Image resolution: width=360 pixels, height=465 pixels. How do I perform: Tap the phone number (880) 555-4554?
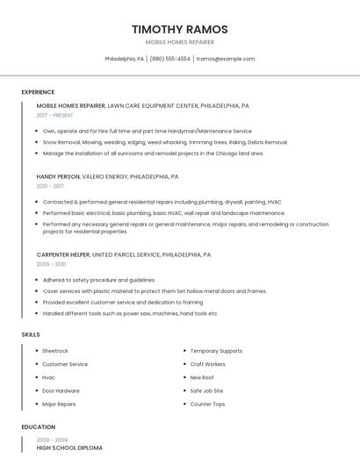tap(169, 59)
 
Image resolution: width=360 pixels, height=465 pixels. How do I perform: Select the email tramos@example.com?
tap(226, 59)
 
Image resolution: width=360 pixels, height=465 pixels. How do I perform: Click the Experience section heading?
tap(38, 92)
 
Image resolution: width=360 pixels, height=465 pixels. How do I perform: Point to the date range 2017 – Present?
tap(55, 115)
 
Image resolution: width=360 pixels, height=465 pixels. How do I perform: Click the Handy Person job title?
tap(58, 176)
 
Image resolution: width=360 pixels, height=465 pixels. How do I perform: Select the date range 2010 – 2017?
tap(50, 186)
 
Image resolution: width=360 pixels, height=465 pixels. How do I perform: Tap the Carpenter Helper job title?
tap(63, 254)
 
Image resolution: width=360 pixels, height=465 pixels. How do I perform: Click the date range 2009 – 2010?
tap(51, 264)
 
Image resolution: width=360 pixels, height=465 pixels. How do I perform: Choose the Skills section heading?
tap(31, 334)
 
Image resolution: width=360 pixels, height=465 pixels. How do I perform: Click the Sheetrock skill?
tap(54, 351)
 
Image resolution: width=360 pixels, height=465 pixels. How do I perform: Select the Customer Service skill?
tap(65, 364)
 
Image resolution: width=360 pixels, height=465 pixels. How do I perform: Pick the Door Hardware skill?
tap(61, 390)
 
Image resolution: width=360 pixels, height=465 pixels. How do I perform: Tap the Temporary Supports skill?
tap(216, 351)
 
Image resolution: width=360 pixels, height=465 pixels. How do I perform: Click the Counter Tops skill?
tap(207, 404)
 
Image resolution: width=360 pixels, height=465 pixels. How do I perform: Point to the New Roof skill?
tap(202, 377)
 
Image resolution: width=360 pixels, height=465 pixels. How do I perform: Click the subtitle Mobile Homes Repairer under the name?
tap(179, 42)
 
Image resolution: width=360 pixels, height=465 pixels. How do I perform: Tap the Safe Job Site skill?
tap(206, 390)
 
